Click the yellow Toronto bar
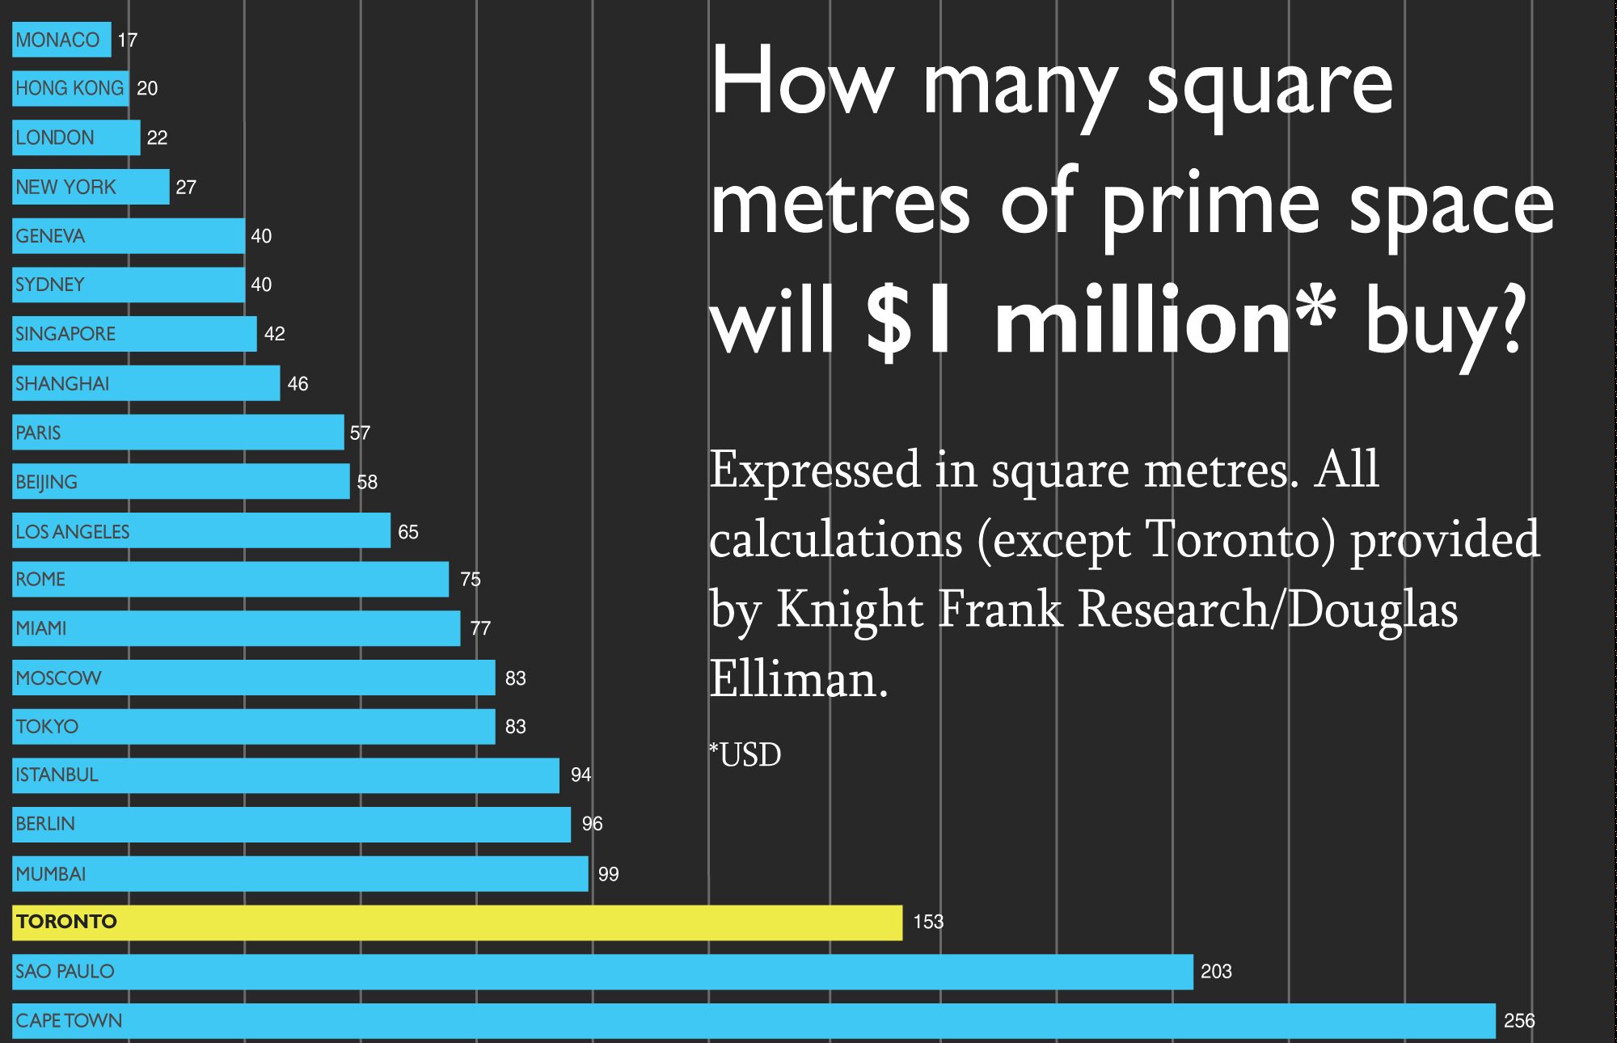(457, 923)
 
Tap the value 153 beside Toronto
(928, 922)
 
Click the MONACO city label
(57, 40)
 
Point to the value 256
(1518, 1020)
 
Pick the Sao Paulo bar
(602, 971)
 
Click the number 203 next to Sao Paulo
(1216, 971)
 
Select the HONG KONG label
(70, 88)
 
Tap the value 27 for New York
(186, 187)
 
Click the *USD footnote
(745, 755)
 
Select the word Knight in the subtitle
(849, 609)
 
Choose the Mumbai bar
(300, 873)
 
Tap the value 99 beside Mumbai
(608, 874)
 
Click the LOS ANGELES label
(73, 531)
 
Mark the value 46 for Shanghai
(298, 383)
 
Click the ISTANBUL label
(57, 775)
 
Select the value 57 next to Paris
(360, 433)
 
